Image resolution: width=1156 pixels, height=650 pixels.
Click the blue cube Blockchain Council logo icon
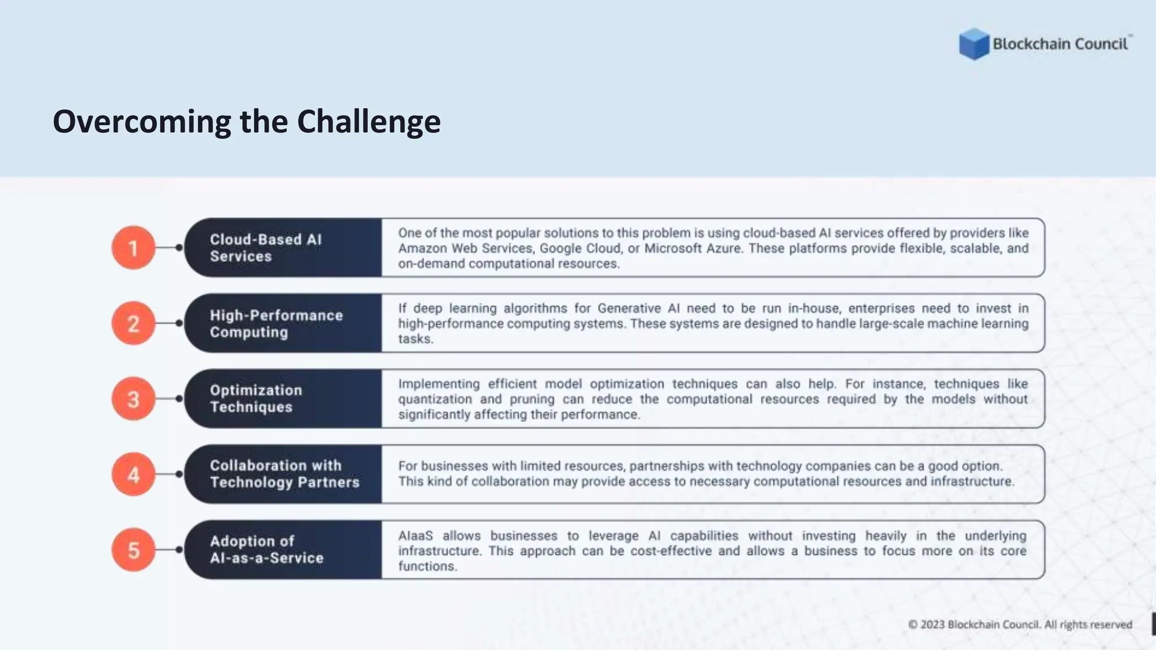pos(974,43)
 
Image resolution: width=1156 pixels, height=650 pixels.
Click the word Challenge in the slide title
pos(369,122)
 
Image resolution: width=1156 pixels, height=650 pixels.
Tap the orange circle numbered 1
pos(133,248)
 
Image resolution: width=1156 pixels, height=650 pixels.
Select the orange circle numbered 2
pos(133,323)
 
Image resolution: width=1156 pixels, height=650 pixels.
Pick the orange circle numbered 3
pos(133,399)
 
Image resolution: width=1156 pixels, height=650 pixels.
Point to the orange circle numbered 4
pos(133,475)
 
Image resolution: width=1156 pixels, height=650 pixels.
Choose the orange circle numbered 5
pos(133,550)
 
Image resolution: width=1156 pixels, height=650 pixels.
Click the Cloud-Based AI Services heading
pos(265,248)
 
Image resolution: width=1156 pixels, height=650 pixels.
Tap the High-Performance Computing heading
pos(276,323)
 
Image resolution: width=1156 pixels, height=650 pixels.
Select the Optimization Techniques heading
pos(256,398)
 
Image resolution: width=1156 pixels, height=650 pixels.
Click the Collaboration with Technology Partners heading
pos(284,474)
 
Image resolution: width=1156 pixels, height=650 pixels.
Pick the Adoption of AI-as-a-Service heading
pos(266,550)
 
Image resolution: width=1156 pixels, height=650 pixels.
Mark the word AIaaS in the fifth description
pos(415,536)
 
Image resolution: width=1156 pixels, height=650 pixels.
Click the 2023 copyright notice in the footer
pos(1020,625)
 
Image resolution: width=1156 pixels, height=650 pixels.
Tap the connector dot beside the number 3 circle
pos(179,399)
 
